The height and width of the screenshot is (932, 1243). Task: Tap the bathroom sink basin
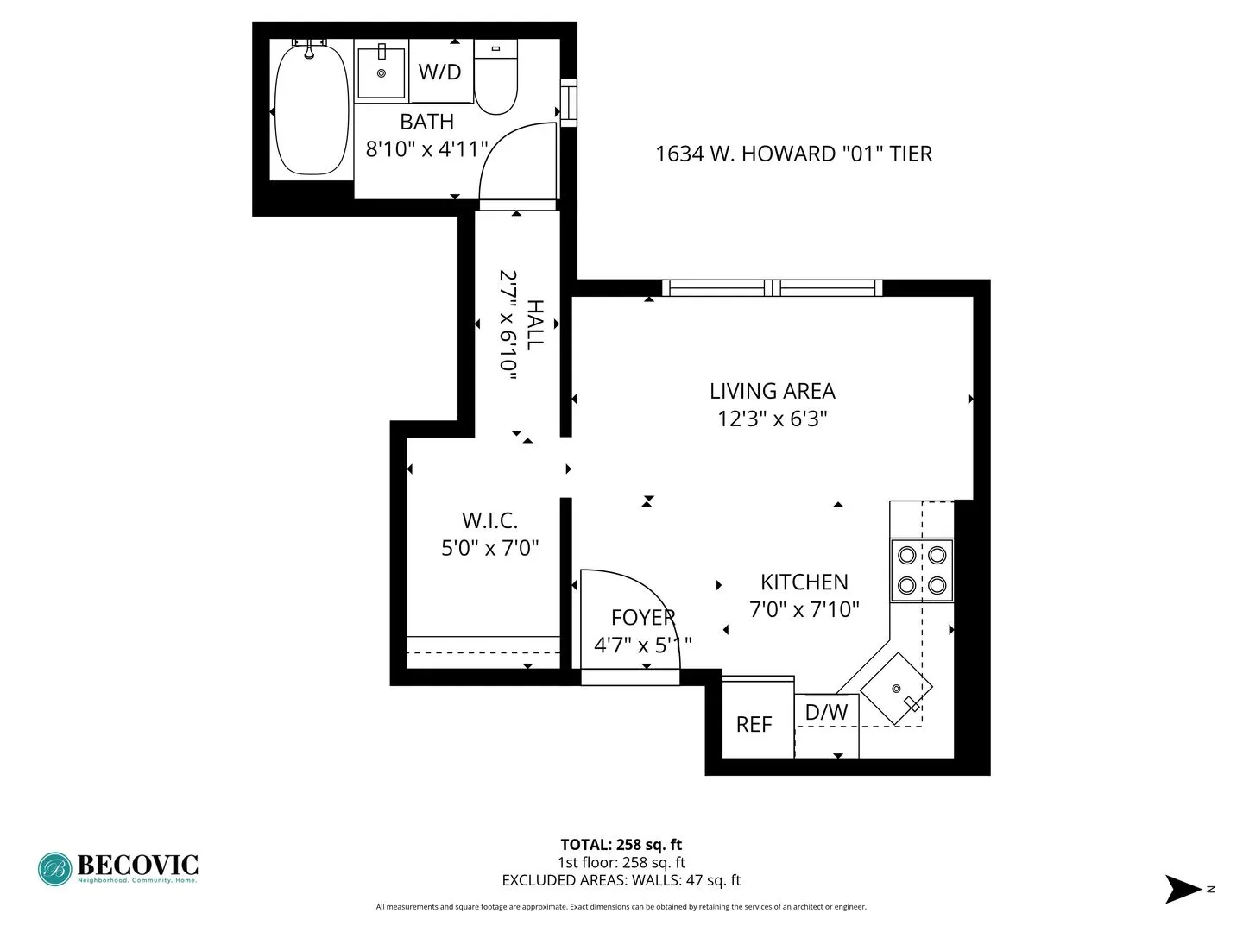point(381,72)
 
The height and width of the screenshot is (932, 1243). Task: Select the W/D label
point(439,72)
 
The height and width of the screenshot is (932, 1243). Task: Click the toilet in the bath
point(495,83)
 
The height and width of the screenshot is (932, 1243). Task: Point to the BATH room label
point(426,122)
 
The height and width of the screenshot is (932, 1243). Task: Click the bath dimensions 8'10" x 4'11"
point(427,149)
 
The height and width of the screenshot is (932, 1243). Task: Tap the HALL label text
point(535,324)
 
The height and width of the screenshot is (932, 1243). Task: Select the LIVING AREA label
point(772,391)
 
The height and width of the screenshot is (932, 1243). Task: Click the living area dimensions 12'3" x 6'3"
point(772,419)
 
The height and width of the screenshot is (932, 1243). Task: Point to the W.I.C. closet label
point(489,520)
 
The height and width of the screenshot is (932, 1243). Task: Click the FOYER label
point(642,617)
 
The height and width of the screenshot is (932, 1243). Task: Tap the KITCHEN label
point(804,582)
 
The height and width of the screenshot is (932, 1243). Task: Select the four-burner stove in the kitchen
point(922,570)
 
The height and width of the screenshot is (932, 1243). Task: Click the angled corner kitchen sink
point(897,689)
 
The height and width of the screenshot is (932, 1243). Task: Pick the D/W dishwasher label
point(826,712)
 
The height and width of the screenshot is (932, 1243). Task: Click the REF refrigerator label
point(754,724)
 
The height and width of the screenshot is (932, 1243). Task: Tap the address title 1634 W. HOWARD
point(793,154)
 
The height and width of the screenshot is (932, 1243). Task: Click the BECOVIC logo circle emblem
point(54,869)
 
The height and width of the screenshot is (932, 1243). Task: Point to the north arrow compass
point(1183,889)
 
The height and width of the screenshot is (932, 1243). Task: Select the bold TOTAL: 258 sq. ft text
point(621,845)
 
